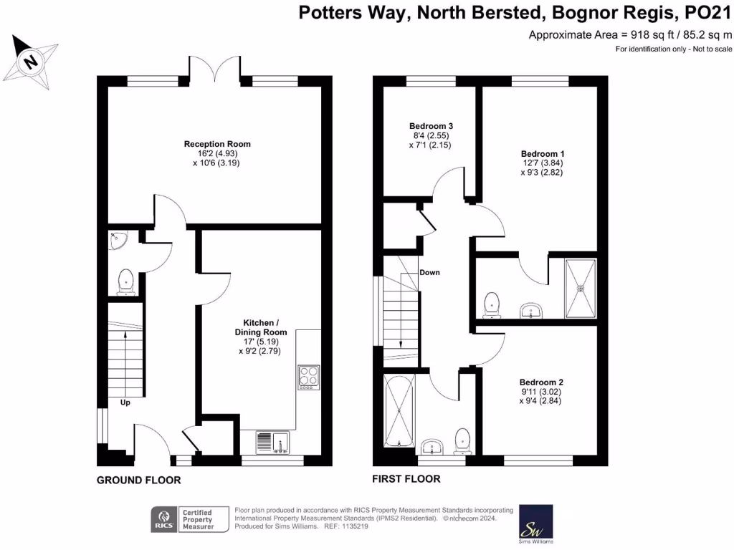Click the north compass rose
click(31, 62)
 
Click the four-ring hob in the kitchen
click(309, 376)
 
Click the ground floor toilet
click(128, 281)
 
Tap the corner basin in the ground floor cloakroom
click(118, 241)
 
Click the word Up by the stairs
click(125, 402)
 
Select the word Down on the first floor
click(430, 273)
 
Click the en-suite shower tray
click(581, 288)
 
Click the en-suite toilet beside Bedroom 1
click(492, 304)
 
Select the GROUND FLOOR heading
click(138, 480)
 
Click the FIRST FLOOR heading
click(406, 478)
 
